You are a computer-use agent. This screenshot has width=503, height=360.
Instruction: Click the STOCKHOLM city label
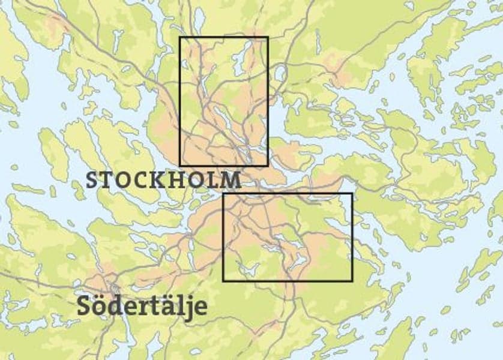tap(164, 180)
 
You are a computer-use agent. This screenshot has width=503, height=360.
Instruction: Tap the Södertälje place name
tap(142, 305)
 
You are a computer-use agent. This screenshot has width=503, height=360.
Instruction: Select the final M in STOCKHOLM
tap(232, 180)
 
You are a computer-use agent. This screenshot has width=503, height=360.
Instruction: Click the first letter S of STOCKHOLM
tap(92, 180)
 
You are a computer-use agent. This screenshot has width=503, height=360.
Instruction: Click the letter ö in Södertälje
tap(99, 305)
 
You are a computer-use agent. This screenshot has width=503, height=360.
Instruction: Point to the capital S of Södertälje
tap(85, 305)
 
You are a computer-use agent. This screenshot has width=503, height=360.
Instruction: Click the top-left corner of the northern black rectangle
tap(180, 37)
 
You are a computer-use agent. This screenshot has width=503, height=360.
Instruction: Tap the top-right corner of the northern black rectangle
tap(267, 37)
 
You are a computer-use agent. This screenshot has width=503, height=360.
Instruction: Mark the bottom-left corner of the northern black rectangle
tap(180, 165)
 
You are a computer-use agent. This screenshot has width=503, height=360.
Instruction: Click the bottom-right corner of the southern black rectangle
tap(352, 280)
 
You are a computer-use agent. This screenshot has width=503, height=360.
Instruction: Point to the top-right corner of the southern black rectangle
tap(352, 194)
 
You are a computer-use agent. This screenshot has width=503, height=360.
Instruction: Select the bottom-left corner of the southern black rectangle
tap(223, 280)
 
